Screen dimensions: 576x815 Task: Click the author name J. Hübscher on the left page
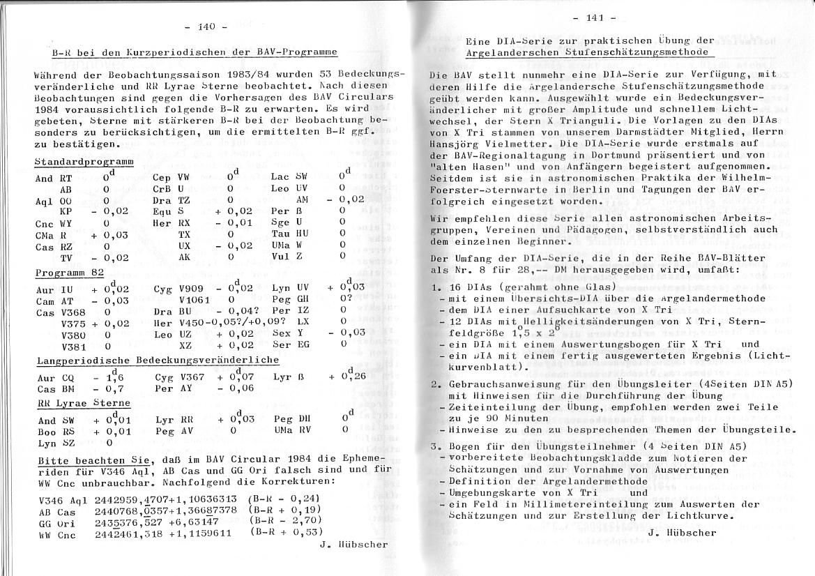354,544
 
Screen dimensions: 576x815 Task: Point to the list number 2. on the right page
436,384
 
